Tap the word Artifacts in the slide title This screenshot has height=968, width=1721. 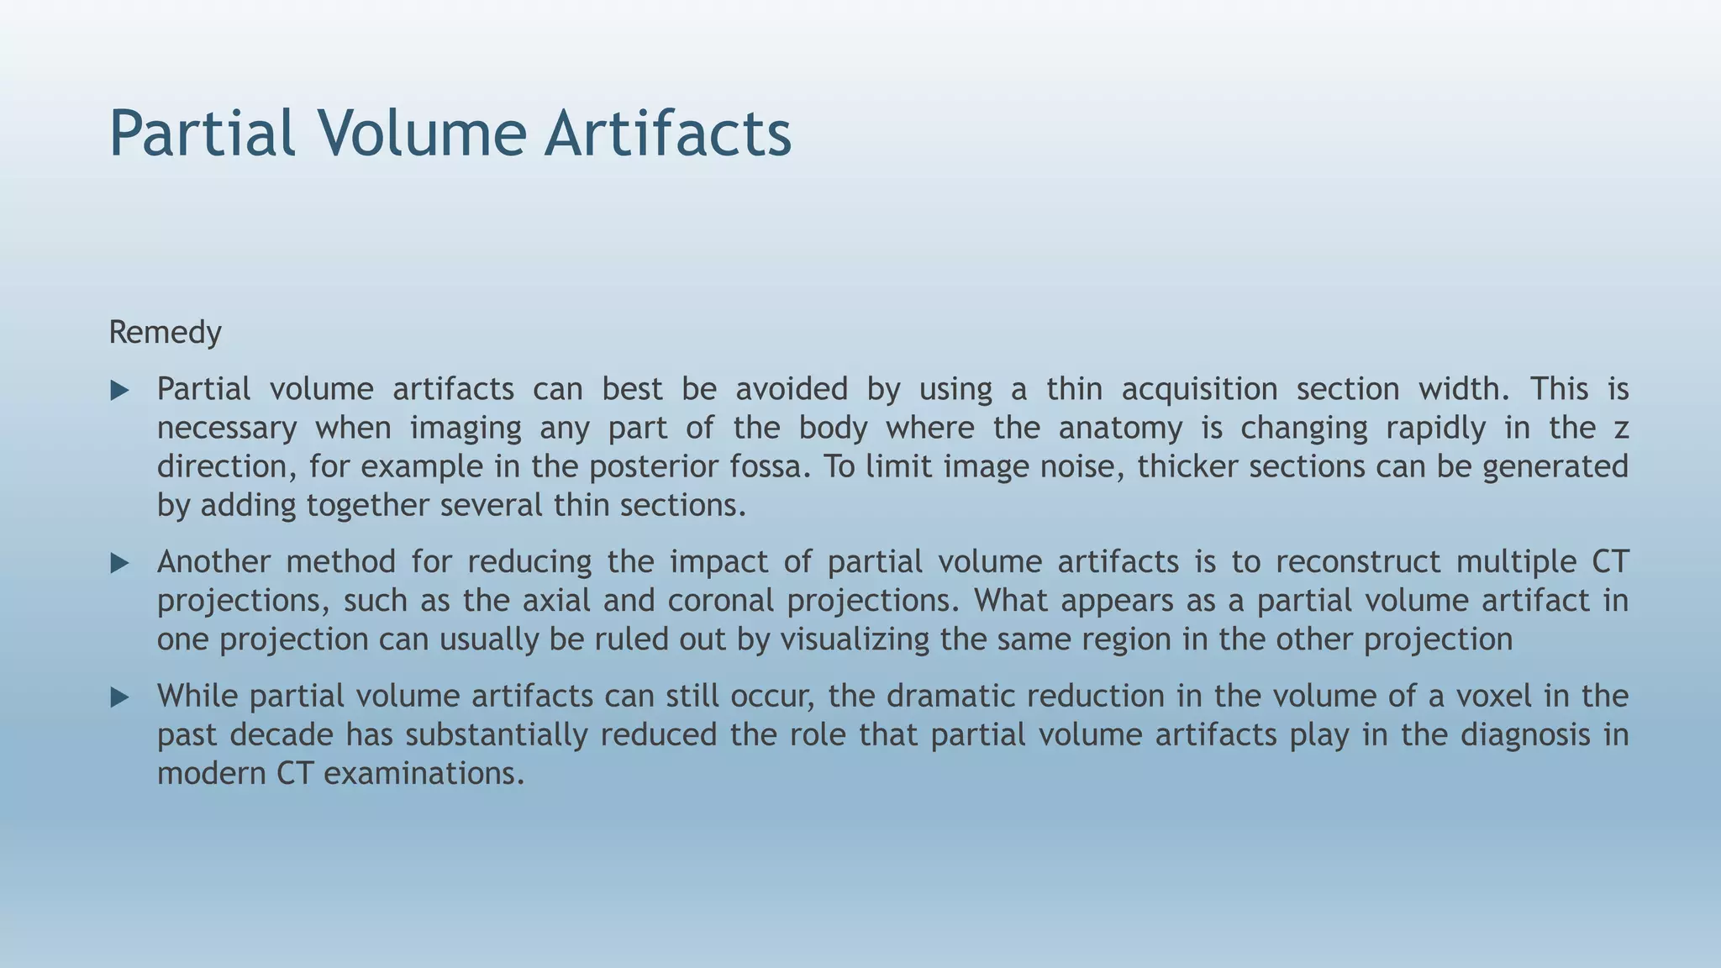667,133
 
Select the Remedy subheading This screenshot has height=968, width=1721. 165,333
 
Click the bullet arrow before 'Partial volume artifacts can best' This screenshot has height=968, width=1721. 120,390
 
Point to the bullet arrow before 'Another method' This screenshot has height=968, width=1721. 120,563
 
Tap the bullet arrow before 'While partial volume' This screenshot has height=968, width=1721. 120,697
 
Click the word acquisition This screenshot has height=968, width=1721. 1199,390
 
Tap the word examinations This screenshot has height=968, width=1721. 424,774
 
